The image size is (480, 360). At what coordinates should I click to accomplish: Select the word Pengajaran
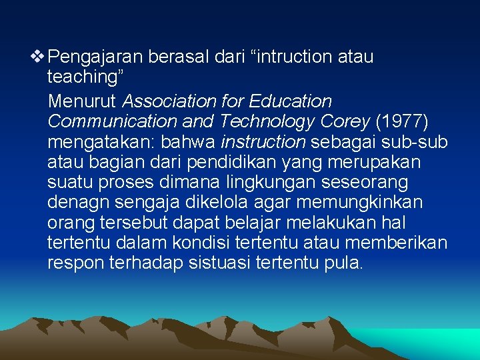pyautogui.click(x=95, y=57)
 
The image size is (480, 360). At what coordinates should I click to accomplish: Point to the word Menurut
pyautogui.click(x=82, y=101)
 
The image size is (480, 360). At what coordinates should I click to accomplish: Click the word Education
pyautogui.click(x=291, y=101)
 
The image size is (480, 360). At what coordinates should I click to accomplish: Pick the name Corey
pyautogui.click(x=347, y=122)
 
